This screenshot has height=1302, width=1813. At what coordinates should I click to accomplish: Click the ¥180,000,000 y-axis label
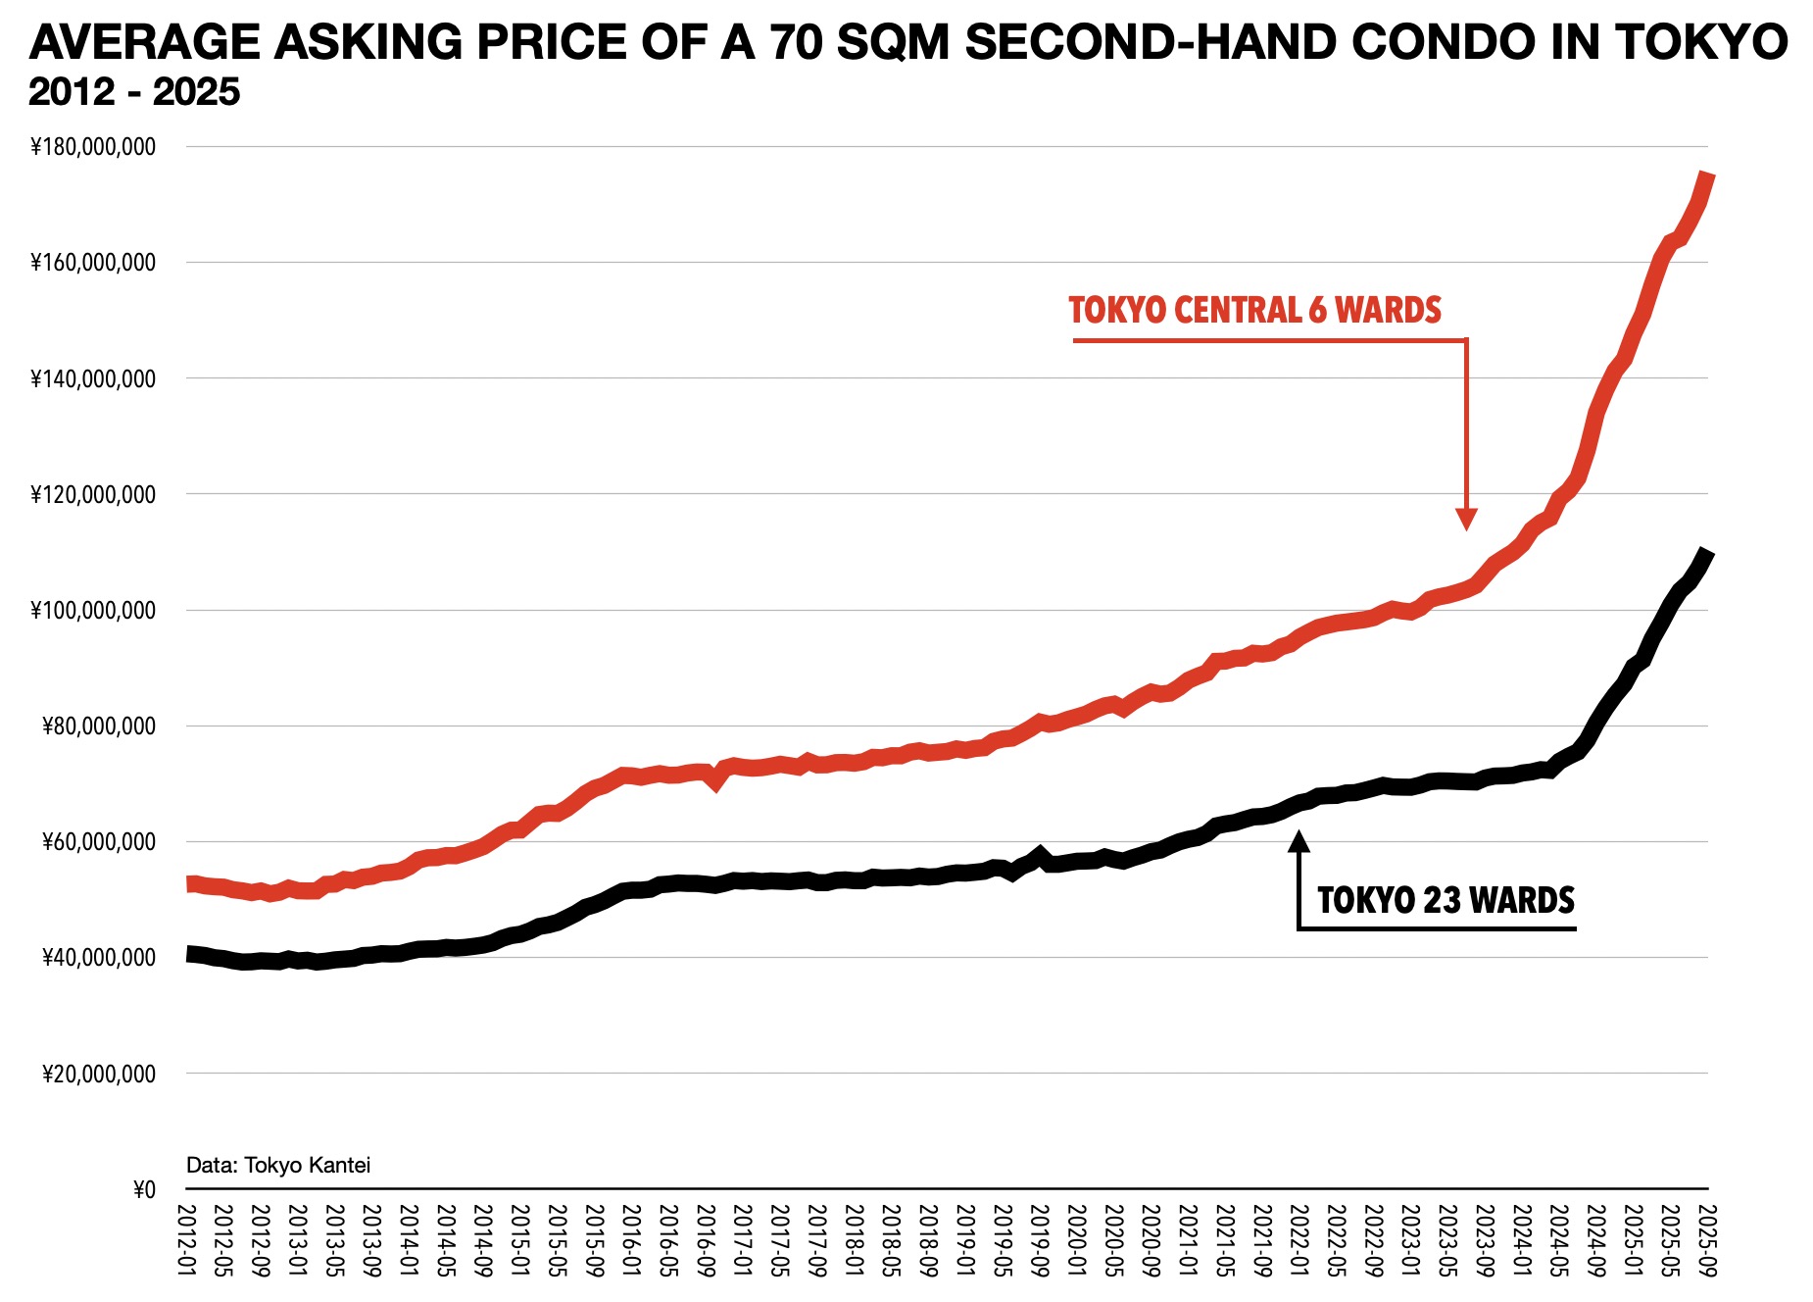coord(93,147)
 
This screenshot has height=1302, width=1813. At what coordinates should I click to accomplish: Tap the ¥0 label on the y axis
coord(144,1190)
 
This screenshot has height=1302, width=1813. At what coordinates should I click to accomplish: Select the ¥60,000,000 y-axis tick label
coord(98,842)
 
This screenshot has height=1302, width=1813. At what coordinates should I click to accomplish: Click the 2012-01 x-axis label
coord(186,1240)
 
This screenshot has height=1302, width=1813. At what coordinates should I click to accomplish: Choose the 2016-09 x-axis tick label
coord(705,1240)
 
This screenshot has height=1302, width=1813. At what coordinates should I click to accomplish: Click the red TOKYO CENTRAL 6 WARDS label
coord(1254,311)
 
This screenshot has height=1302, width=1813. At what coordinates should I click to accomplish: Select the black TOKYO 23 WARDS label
coord(1445,900)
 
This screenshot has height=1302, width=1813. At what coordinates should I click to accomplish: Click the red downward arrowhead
coord(1466,519)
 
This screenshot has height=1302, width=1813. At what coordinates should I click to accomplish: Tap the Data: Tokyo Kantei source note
coord(278,1165)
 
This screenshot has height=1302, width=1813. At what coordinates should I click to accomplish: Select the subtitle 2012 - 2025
coord(134,92)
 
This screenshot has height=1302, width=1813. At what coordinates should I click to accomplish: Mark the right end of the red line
coord(1707,175)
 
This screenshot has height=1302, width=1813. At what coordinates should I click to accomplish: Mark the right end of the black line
coord(1707,554)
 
